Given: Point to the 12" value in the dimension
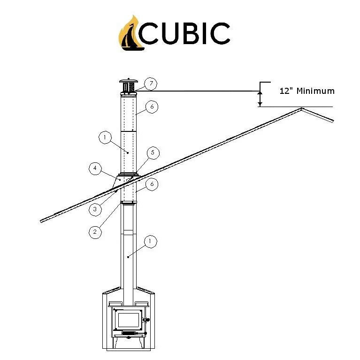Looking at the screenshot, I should click(285, 91).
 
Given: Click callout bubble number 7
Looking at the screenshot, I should click(151, 84).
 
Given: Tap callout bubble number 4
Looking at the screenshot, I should click(95, 168).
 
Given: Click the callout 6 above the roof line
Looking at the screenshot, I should click(151, 107).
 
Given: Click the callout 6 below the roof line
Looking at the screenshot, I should click(151, 184).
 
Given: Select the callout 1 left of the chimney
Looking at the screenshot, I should click(105, 138).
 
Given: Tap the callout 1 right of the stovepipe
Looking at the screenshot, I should click(150, 242).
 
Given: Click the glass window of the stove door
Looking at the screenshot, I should click(127, 320).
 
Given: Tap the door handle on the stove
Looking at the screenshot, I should click(146, 321).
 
